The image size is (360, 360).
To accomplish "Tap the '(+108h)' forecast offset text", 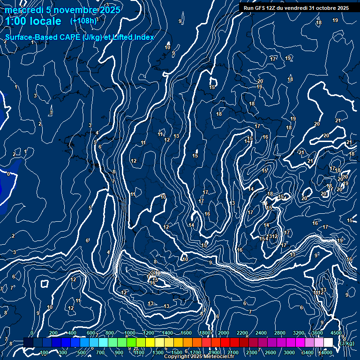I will [83, 21].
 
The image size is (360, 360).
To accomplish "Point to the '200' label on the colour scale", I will [53, 333].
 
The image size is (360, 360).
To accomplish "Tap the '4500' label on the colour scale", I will [336, 333].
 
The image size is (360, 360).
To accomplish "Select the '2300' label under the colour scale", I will [251, 352].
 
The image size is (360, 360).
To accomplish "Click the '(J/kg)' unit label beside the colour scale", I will [347, 343].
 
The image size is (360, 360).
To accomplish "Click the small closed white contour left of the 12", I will [45, 284].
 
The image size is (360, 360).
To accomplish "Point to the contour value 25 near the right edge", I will [350, 220].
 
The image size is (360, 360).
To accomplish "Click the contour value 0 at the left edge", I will [8, 174].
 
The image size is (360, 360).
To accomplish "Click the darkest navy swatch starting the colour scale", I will [28, 343].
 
